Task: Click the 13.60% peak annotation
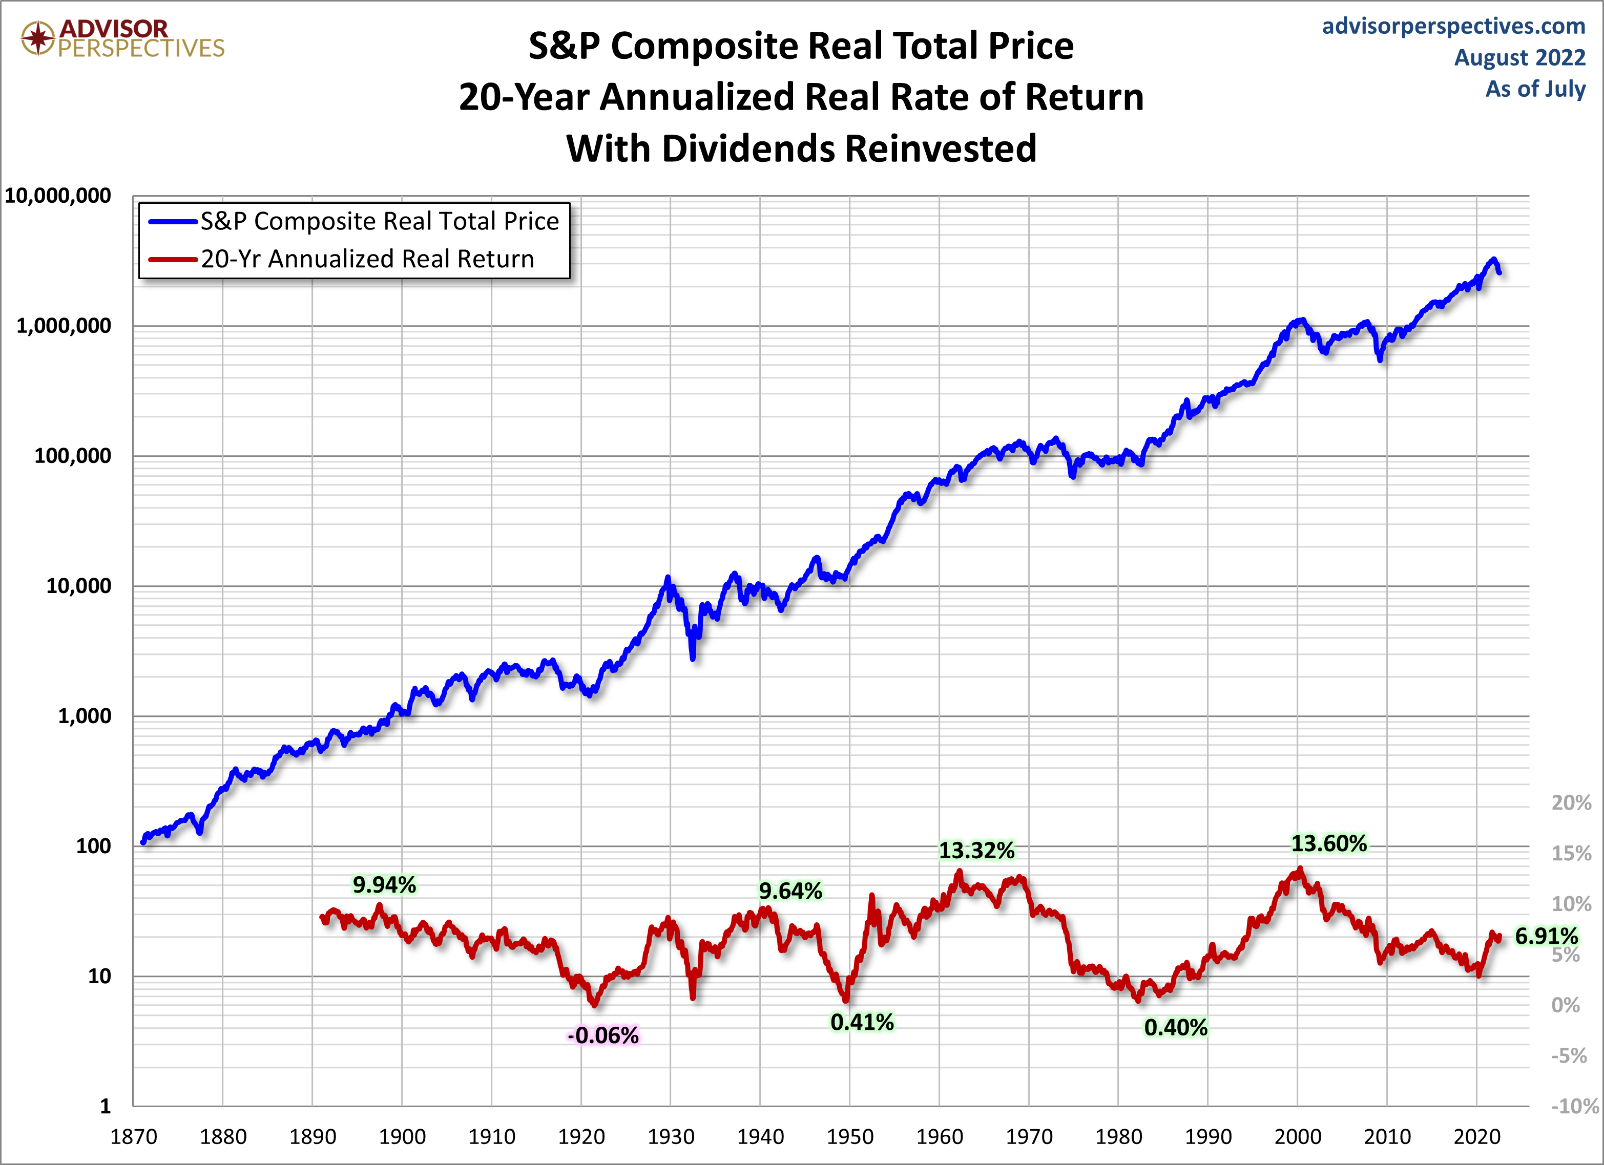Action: tap(1329, 843)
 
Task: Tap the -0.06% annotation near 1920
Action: tap(602, 1035)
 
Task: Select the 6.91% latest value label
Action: tap(1546, 936)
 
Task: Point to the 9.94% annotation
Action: tap(384, 884)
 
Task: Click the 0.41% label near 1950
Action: tap(861, 1022)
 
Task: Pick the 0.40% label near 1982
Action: tap(1175, 1027)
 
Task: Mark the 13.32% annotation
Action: tap(976, 851)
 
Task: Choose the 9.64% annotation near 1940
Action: tap(790, 891)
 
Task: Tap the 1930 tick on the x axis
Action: tap(671, 1137)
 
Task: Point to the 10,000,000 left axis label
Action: tap(58, 196)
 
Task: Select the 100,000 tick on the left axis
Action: tap(73, 456)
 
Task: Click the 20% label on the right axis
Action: tap(1571, 803)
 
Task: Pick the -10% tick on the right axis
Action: tap(1574, 1106)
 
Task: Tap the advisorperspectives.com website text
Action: tap(1453, 26)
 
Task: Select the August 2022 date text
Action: tap(1519, 57)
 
